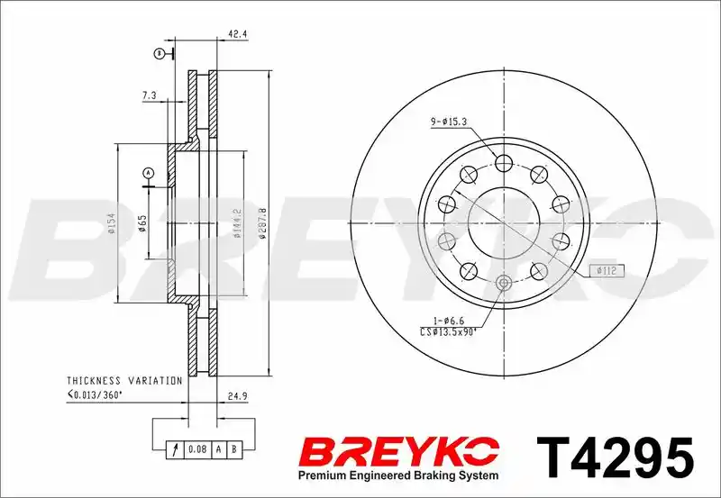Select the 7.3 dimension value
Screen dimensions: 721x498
coord(150,95)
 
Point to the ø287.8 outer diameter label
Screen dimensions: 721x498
coord(262,222)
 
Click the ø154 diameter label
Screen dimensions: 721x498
coord(112,223)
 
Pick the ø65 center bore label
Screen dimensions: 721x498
coord(142,222)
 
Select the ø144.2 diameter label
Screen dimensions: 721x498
coord(237,222)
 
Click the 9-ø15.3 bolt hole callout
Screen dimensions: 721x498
coord(449,122)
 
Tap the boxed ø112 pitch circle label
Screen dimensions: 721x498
coord(607,270)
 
